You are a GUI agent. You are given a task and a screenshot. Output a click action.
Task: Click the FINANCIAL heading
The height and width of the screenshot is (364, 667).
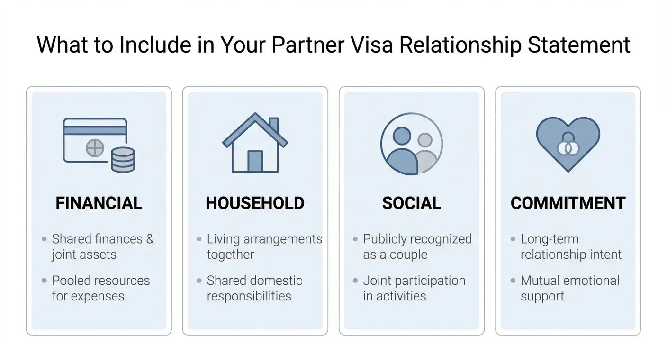[x=99, y=203]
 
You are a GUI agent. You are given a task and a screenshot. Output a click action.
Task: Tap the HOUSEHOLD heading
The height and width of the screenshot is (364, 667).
[x=255, y=203]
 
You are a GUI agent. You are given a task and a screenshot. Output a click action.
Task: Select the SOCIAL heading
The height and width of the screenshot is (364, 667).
[x=411, y=203]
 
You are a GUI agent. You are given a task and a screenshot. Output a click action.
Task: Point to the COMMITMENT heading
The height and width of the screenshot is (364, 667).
[x=568, y=203]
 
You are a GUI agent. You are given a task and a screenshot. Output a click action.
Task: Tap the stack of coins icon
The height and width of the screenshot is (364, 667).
[x=123, y=160]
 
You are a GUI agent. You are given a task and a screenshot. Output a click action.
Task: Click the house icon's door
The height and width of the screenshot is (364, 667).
[x=255, y=161]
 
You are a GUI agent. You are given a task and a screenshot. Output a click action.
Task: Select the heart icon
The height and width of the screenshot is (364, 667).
[x=568, y=142]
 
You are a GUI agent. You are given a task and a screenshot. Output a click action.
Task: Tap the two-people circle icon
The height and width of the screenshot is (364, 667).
[x=411, y=144]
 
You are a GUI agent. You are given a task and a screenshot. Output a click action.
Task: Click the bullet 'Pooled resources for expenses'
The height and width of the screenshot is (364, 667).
[x=100, y=288]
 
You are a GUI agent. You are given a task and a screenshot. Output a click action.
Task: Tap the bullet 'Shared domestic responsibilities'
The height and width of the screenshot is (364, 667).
[x=254, y=288]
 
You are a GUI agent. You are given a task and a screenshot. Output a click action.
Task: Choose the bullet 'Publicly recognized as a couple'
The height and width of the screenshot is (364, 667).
[x=417, y=246]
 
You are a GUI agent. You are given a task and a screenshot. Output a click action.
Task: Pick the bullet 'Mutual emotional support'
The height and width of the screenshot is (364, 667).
[x=569, y=288]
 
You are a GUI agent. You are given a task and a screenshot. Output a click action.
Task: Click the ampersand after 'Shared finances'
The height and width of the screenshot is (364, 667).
[x=150, y=239]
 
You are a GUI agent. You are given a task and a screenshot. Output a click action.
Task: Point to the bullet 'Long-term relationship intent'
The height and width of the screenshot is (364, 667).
[x=571, y=246]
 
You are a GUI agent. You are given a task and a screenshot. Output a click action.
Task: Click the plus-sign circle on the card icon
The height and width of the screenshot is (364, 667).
[x=95, y=148]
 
